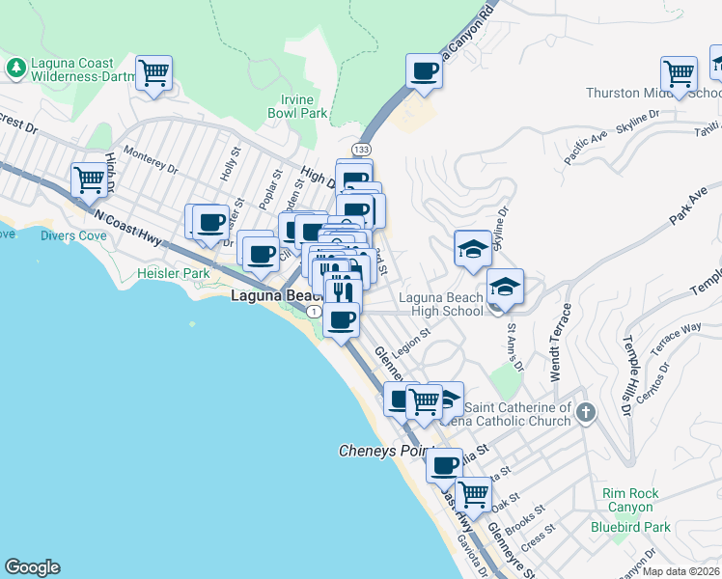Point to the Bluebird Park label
630,528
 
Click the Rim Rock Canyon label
630,501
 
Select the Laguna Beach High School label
440,304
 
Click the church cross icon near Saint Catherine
585,414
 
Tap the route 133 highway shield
361,150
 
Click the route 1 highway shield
314,312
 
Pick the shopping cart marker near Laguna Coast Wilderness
154,72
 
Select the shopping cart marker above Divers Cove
89,179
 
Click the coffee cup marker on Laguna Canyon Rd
424,71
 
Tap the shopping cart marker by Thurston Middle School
680,73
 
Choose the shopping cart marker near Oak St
473,494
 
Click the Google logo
32,567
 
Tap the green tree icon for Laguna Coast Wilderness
16,68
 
